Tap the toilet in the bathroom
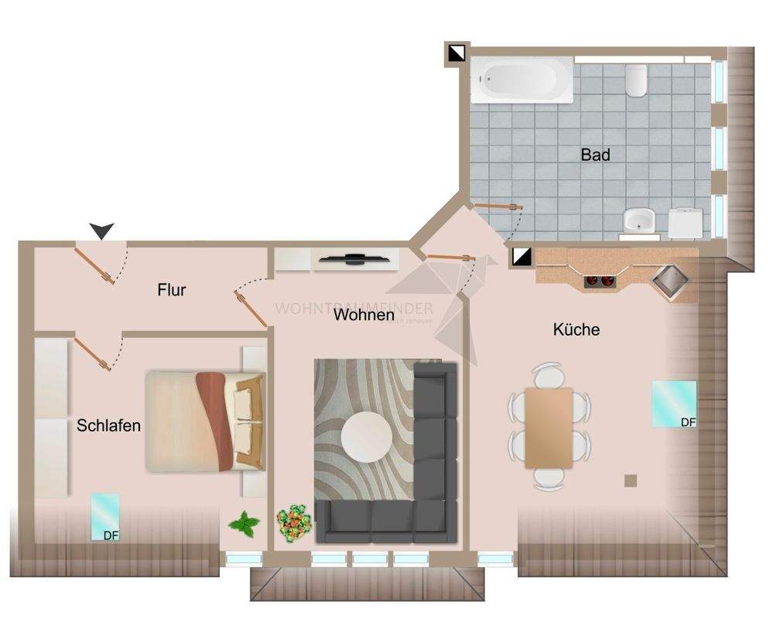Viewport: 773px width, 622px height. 636,80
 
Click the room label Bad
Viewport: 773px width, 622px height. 595,155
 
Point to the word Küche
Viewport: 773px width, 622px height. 576,330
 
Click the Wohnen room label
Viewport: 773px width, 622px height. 364,315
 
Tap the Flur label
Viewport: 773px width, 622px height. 171,290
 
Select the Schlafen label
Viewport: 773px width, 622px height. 108,425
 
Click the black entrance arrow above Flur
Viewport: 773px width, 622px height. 101,230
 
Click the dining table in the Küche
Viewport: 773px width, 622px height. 549,428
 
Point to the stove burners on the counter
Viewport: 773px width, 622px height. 601,281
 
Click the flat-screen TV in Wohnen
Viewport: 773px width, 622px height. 354,259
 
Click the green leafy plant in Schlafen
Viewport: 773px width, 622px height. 245,525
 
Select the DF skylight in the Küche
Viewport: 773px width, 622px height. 673,404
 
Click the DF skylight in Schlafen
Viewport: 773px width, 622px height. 105,517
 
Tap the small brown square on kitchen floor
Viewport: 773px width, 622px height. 631,480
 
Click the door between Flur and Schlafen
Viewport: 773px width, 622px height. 93,353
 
